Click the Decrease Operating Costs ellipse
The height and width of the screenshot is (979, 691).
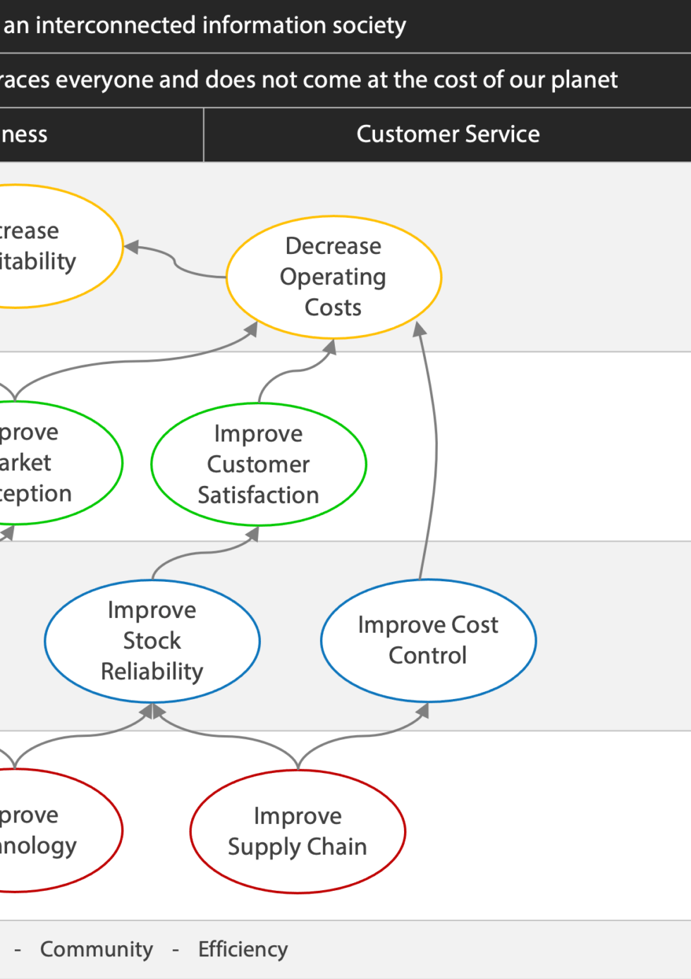[x=334, y=277]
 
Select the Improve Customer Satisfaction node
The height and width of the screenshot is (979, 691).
[x=258, y=464]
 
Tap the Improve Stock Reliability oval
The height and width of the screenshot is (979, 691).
[x=152, y=640]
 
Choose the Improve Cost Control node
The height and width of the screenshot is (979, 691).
[x=428, y=640]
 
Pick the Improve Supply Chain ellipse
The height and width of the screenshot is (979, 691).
[x=298, y=831]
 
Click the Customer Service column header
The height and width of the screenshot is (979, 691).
[x=448, y=134]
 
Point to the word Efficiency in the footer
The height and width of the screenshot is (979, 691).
[x=243, y=949]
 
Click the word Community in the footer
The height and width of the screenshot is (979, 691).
[x=97, y=949]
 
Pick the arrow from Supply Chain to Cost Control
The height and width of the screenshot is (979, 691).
[x=360, y=736]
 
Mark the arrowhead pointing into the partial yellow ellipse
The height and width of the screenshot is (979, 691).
[x=132, y=247]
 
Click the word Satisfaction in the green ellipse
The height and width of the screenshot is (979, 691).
[x=258, y=495]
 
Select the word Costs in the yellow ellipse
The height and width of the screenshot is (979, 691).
[x=333, y=308]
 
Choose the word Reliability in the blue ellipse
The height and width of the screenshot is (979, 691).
[x=152, y=671]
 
